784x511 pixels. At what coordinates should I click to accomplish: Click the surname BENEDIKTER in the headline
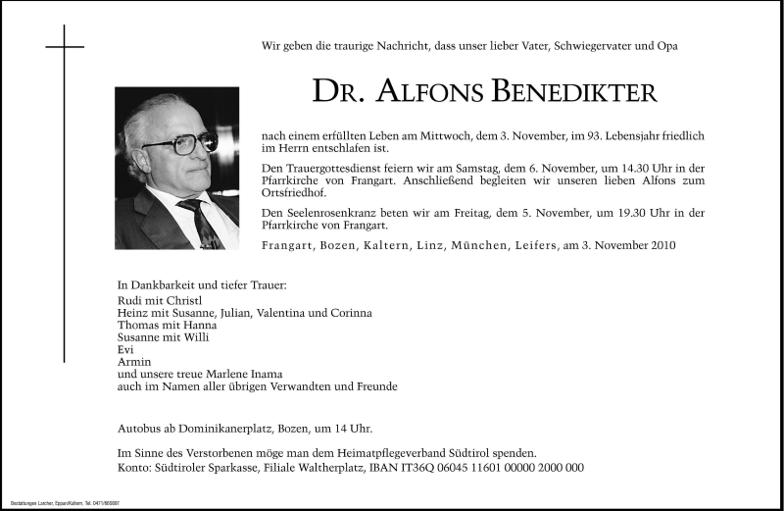(x=576, y=92)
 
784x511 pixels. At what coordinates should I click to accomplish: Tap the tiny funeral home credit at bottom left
(x=67, y=502)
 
